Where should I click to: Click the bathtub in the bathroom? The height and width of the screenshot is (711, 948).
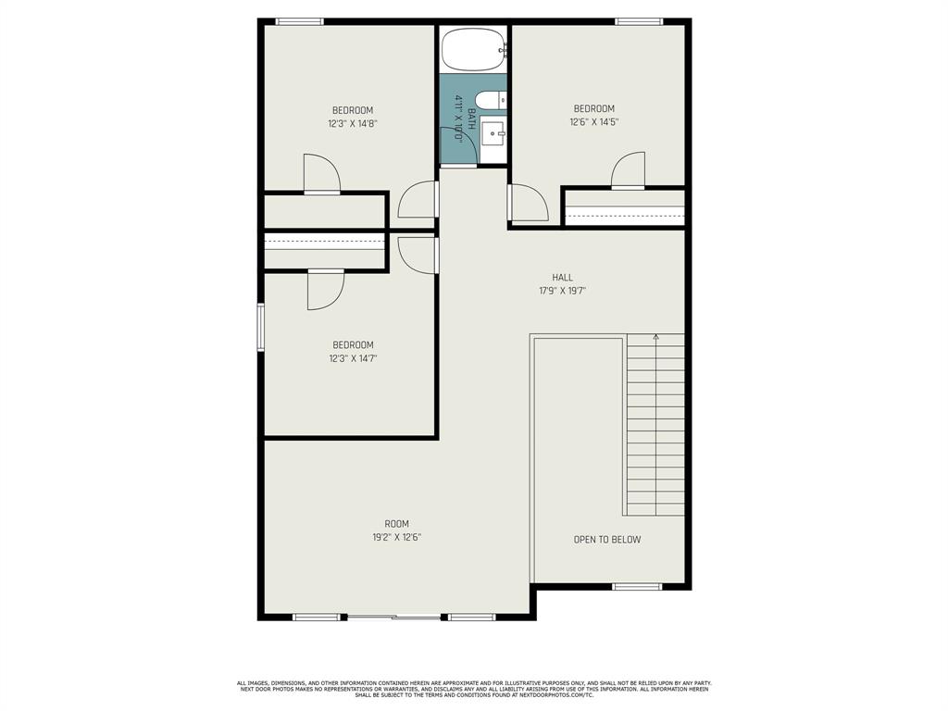[474, 49]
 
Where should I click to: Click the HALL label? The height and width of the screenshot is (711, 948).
[562, 277]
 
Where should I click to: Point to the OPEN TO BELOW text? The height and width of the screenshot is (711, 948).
[606, 540]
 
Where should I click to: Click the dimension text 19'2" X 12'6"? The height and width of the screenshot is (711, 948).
[396, 537]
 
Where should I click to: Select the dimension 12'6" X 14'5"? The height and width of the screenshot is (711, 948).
[593, 121]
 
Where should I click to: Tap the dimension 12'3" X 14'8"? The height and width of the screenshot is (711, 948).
[353, 123]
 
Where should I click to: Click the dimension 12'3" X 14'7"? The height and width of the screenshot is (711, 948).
[353, 358]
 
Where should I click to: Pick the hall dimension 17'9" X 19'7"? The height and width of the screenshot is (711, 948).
[562, 291]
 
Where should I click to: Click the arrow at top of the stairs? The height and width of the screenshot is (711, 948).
[655, 337]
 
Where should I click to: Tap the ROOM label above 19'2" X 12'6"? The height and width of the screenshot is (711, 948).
[396, 524]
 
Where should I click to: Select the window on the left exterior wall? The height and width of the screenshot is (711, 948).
[261, 327]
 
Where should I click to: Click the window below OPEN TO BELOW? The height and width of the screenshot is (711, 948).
[637, 586]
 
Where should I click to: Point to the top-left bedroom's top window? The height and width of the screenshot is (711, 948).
[299, 21]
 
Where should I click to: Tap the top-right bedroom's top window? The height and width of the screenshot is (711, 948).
[639, 21]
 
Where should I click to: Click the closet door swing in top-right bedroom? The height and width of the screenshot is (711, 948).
[630, 170]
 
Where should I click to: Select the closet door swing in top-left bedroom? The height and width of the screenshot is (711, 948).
[321, 173]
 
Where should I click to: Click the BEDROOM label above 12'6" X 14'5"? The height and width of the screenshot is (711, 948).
[593, 108]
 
